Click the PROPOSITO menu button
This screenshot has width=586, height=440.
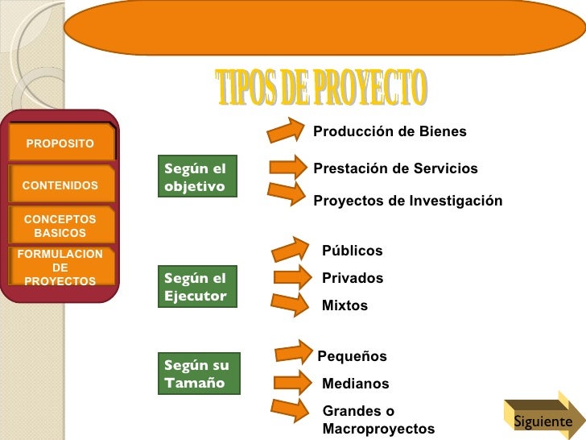point(60,143)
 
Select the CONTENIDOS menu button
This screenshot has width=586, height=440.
point(60,185)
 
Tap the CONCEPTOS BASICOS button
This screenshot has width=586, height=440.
point(60,226)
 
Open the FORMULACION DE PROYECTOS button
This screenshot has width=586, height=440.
point(60,268)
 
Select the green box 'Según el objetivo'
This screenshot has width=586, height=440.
point(196,176)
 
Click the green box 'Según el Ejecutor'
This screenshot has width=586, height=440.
point(196,287)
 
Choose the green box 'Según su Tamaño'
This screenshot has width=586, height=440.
point(196,373)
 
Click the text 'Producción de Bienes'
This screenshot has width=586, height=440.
point(390,131)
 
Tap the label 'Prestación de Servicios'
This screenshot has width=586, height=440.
point(395,168)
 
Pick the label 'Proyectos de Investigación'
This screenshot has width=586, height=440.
point(407,201)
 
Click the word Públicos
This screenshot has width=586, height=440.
point(353,251)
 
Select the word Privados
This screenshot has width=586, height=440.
point(353,278)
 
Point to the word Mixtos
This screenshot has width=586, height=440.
point(345,305)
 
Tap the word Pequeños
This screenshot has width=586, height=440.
point(353,356)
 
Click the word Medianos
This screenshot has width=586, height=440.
point(355,384)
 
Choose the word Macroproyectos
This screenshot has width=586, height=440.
point(378,429)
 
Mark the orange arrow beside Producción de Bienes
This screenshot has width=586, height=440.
point(290,128)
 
